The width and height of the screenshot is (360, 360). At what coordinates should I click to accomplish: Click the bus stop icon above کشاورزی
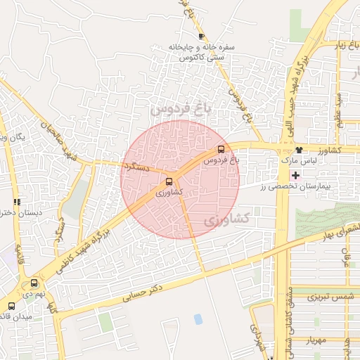(x=169, y=181)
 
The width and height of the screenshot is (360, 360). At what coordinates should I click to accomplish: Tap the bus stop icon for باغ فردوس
(x=221, y=149)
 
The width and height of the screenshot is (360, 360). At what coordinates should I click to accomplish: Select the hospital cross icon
(x=295, y=174)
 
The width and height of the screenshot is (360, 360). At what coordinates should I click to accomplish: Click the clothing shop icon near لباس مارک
(x=299, y=149)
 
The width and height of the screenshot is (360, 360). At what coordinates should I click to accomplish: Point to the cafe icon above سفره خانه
(x=202, y=36)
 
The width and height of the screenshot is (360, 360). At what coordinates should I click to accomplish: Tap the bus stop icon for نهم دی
(x=34, y=283)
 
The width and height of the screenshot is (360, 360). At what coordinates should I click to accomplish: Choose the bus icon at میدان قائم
(x=11, y=306)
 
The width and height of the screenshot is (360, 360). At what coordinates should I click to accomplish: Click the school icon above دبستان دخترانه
(x=17, y=202)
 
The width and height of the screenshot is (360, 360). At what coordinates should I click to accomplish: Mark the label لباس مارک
(x=276, y=161)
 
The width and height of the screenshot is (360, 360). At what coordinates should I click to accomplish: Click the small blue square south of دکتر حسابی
(x=198, y=319)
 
